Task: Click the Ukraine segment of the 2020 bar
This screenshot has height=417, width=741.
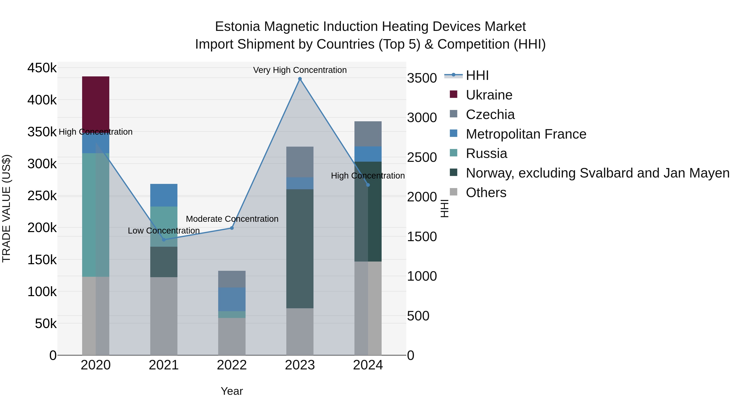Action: coord(96,104)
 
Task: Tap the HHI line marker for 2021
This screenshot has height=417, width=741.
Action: coord(164,239)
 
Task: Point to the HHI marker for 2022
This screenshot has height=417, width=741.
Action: coord(232,228)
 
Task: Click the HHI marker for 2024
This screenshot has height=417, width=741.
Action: coord(368,185)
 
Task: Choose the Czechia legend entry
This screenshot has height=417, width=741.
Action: coord(490,114)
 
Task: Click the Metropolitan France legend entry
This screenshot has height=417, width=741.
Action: coord(526,134)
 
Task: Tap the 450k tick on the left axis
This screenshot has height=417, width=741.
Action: coord(42,68)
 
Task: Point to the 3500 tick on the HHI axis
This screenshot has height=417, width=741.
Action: coord(422,78)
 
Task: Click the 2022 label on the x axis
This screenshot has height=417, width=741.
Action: coord(232,365)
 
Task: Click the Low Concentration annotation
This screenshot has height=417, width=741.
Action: coord(164,230)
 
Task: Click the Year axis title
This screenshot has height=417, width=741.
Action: coord(232,391)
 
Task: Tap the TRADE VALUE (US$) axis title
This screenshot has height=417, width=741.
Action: coord(6,208)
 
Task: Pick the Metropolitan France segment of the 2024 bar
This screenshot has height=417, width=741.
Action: coord(368,154)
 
